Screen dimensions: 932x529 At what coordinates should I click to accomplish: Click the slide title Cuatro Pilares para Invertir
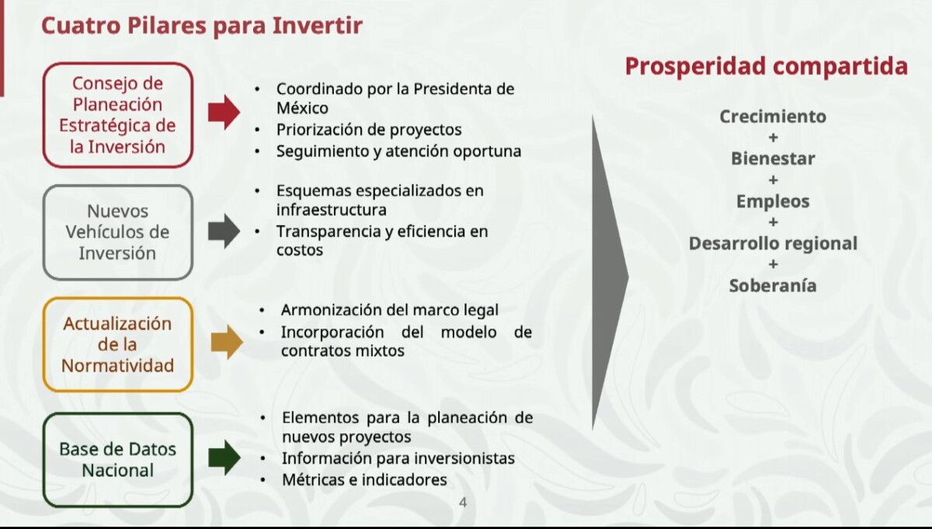click(202, 26)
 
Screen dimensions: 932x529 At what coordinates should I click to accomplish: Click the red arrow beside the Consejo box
click(224, 112)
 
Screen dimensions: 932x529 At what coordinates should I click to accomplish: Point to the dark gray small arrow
click(224, 231)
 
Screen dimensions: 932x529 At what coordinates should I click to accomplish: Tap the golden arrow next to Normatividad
click(227, 342)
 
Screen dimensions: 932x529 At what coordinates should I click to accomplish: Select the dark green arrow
click(224, 457)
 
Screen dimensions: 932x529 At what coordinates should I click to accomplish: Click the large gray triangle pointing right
click(610, 273)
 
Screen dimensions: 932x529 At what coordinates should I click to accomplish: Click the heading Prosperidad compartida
click(767, 66)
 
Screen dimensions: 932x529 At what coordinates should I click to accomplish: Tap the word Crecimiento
click(773, 116)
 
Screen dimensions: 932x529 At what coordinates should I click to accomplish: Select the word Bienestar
click(773, 158)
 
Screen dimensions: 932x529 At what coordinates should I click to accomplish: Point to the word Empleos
click(773, 201)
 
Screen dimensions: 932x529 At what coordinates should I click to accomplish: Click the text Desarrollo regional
click(773, 243)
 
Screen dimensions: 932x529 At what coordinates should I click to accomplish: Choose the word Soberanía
click(773, 286)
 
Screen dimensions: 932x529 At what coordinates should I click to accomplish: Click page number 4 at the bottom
click(463, 503)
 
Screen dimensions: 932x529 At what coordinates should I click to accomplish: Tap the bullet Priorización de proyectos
click(369, 130)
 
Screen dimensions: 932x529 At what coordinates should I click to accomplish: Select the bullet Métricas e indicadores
click(364, 480)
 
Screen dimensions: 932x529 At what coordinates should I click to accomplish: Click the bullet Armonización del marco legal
click(389, 310)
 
